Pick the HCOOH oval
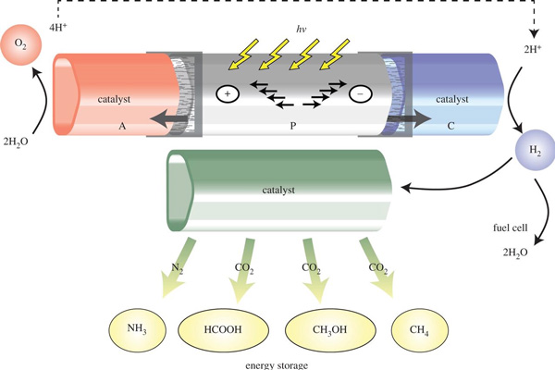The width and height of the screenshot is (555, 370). pos(218,329)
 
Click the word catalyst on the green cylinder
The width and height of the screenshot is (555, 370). pos(277,190)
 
